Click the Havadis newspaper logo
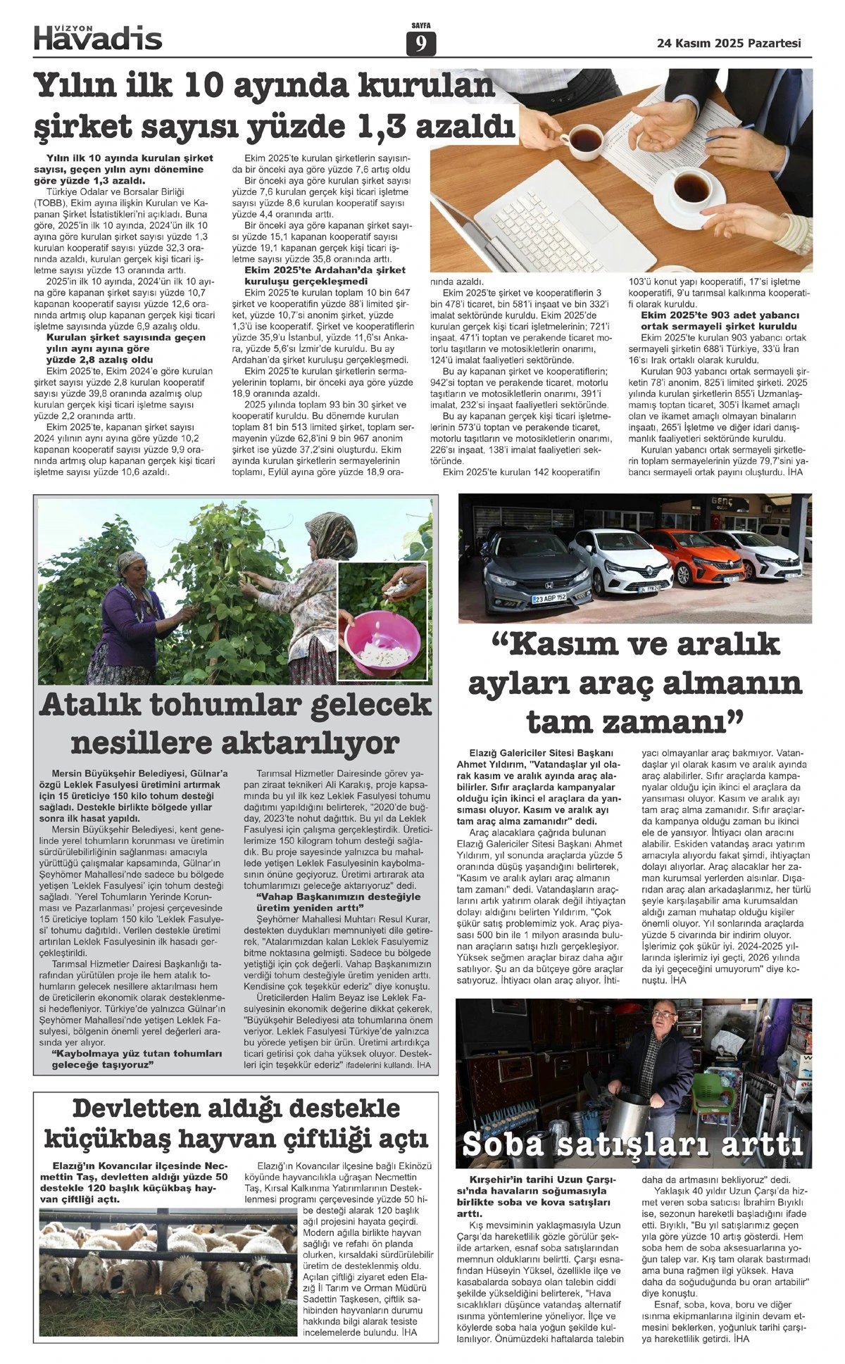(98, 37)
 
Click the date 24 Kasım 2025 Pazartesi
(729, 43)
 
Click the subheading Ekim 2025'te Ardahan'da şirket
(325, 270)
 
